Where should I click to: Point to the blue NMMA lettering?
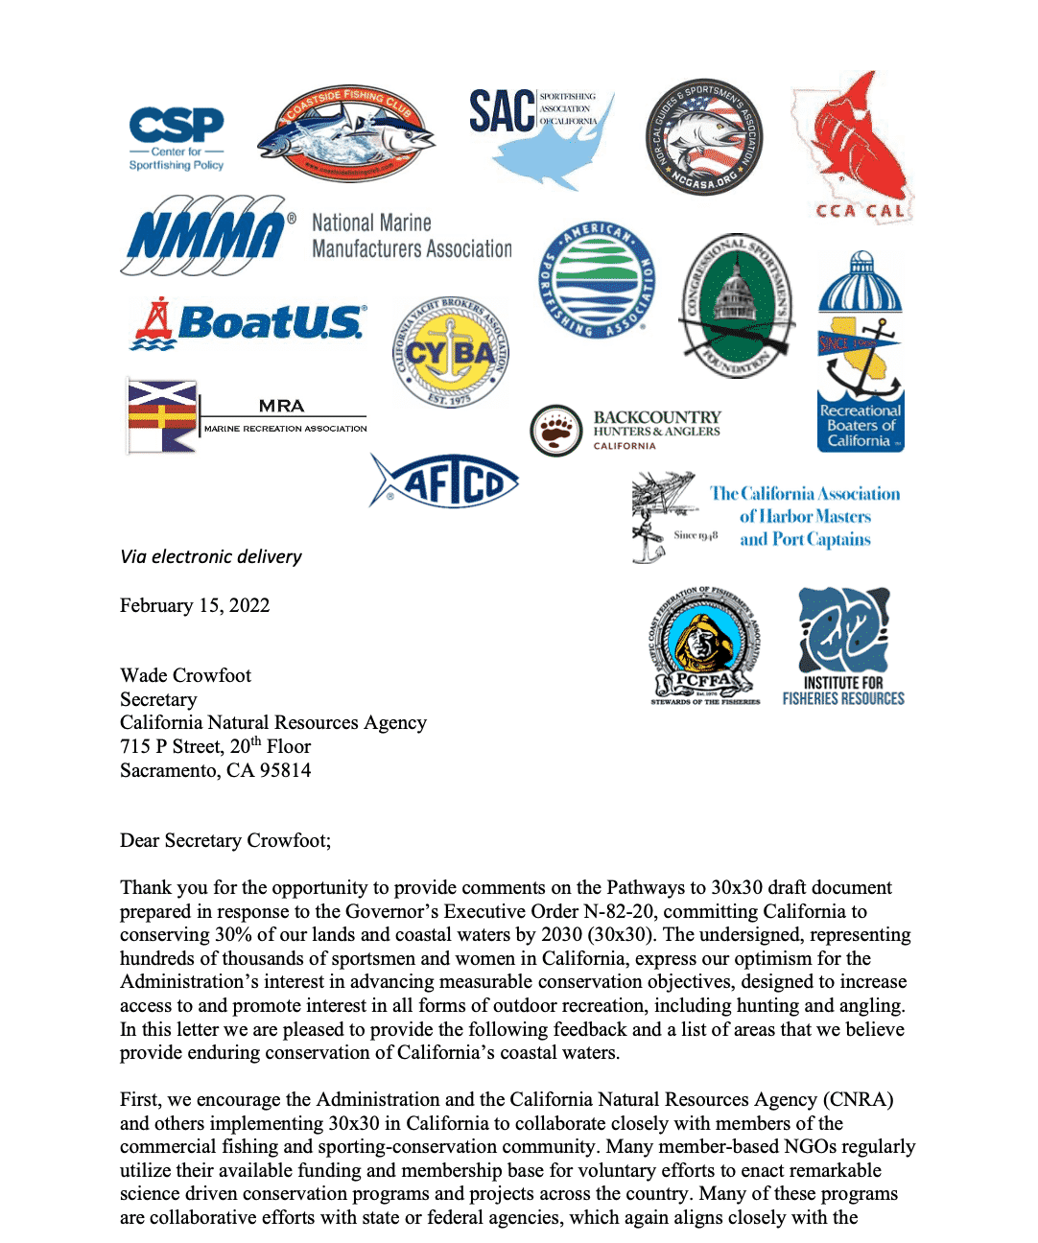206,235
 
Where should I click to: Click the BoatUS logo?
248,323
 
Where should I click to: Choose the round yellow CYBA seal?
451,353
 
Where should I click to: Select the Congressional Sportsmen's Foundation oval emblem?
736,306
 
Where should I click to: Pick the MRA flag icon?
162,416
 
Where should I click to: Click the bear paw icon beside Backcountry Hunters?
556,431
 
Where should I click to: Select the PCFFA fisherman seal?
706,645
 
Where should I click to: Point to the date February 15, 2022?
195,605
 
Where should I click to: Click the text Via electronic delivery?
211,556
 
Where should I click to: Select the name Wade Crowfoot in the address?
185,675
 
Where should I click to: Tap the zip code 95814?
285,770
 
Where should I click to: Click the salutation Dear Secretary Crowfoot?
224,840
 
